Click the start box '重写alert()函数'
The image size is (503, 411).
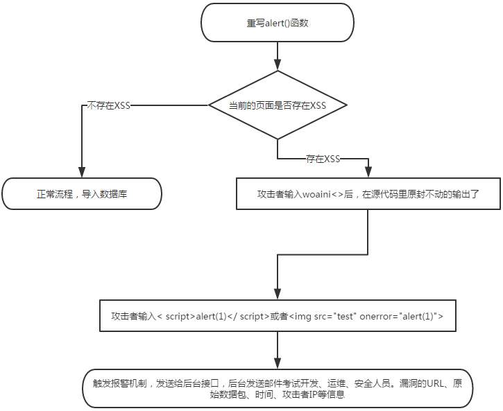(277, 23)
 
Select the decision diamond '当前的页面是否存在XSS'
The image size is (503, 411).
(278, 105)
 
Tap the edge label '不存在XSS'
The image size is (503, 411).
(109, 105)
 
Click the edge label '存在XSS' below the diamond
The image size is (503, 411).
(323, 159)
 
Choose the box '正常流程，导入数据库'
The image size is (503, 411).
(82, 194)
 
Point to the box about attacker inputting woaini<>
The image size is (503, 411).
(368, 194)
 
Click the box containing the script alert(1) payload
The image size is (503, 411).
(278, 316)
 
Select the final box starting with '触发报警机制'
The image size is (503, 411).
(278, 388)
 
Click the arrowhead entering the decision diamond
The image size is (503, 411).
(278, 65)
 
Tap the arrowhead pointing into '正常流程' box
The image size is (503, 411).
(82, 173)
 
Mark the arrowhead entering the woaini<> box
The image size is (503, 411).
(368, 173)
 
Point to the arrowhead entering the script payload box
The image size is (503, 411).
(278, 295)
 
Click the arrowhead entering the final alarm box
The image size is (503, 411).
(278, 364)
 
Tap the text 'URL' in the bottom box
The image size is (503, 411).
(435, 383)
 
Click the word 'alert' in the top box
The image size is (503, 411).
(275, 23)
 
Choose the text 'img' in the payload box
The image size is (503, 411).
(302, 317)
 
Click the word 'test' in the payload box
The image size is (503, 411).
(346, 317)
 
